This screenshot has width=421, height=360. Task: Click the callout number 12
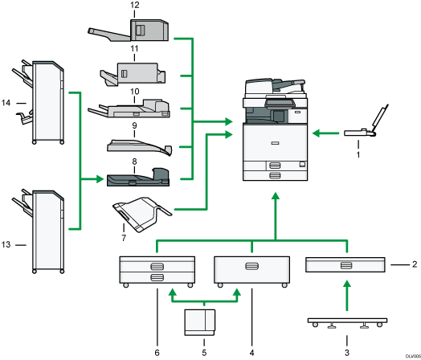coord(134,6)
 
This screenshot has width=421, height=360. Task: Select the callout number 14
coord(7,102)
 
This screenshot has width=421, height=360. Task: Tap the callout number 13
coord(7,243)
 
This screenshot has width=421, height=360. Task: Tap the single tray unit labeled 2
coord(345,265)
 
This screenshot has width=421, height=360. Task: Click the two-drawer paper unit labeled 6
coord(157,271)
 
